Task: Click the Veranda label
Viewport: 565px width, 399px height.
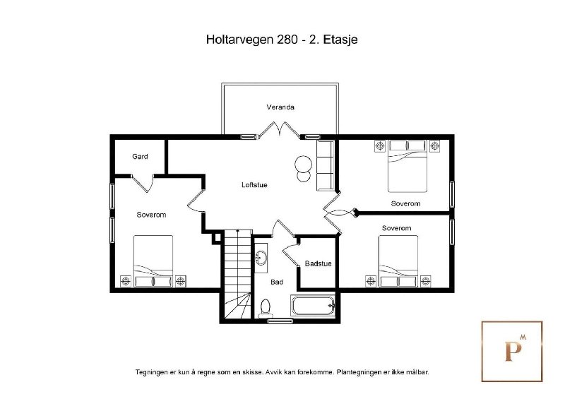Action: tap(280, 107)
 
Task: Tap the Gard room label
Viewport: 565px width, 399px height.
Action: tap(140, 157)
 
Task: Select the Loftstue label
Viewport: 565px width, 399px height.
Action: tap(254, 185)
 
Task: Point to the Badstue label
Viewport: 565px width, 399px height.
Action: tap(318, 263)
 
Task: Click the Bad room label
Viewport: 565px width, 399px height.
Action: tap(277, 282)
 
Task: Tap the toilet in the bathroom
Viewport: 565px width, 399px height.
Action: tap(266, 309)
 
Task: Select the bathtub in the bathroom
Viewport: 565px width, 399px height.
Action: tap(313, 306)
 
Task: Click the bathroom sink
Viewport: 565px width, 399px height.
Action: tap(261, 258)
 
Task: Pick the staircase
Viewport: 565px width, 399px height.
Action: tap(238, 274)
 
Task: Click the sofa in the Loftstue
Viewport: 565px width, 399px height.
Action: tap(325, 165)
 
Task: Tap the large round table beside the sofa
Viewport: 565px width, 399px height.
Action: tap(303, 164)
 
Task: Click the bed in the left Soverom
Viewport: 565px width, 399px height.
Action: tap(153, 261)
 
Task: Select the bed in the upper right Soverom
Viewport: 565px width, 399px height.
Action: tap(408, 166)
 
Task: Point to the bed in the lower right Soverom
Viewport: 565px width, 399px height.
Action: tap(398, 261)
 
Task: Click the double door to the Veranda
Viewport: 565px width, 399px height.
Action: tap(279, 131)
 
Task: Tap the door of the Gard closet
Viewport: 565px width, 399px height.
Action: tap(143, 183)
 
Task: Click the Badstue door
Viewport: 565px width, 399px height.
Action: tap(291, 254)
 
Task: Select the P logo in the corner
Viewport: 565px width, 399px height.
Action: tap(512, 352)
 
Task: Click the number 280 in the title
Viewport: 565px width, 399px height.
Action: tap(287, 40)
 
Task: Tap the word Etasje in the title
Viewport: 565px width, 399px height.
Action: tap(340, 40)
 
